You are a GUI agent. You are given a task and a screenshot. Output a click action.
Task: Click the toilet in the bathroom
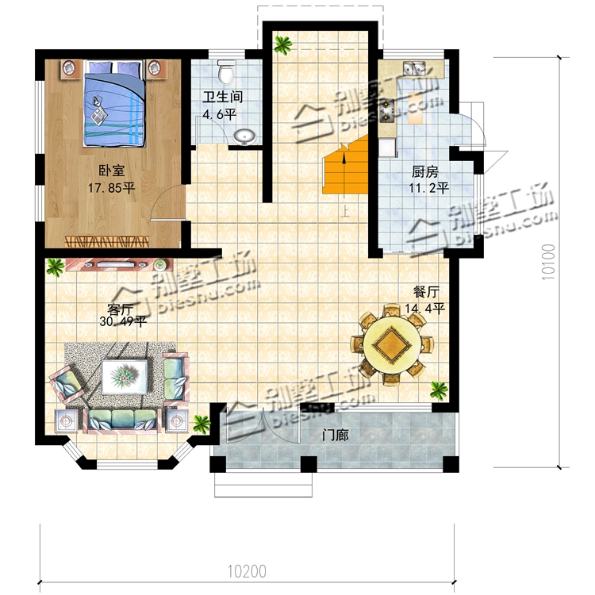tap(227, 71)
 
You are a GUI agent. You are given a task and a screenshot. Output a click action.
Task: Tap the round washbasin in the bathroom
tap(244, 136)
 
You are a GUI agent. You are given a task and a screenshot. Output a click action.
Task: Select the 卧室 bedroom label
tap(112, 171)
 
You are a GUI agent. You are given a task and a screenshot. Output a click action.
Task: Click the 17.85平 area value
tap(112, 188)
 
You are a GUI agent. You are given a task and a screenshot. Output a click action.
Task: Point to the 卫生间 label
tap(223, 97)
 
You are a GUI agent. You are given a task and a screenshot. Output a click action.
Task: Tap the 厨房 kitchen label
tap(425, 172)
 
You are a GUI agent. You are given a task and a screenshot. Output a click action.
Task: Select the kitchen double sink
tap(414, 68)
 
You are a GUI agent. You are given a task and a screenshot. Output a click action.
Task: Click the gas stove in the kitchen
tap(387, 110)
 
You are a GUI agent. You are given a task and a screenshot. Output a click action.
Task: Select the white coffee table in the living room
tap(125, 377)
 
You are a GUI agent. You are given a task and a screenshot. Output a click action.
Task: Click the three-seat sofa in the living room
tap(122, 420)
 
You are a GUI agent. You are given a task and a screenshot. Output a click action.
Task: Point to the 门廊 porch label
tap(336, 436)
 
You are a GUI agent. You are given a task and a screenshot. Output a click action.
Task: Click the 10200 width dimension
tap(247, 571)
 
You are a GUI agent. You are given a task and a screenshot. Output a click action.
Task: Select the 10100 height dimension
tap(549, 262)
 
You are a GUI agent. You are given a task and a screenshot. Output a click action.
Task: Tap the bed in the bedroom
tap(113, 103)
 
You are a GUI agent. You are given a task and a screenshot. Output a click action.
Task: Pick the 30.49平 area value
tap(123, 322)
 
